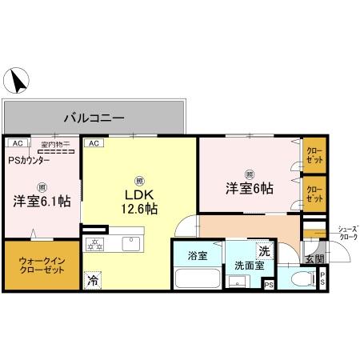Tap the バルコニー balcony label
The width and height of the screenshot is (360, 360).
pyautogui.click(x=94, y=118)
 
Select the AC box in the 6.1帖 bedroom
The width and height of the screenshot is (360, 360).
pyautogui.click(x=15, y=143)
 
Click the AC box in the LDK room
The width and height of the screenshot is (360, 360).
pyautogui.click(x=93, y=143)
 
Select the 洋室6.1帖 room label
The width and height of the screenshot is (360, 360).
pyautogui.click(x=41, y=202)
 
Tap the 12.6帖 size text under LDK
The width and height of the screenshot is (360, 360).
pyautogui.click(x=138, y=210)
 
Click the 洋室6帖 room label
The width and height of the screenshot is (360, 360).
pyautogui.click(x=248, y=188)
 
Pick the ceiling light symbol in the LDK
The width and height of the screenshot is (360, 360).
pyautogui.click(x=139, y=179)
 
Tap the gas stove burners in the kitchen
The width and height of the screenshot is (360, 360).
pyautogui.click(x=98, y=243)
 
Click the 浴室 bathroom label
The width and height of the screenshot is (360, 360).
pyautogui.click(x=196, y=258)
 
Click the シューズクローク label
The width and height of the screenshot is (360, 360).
pyautogui.click(x=347, y=233)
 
